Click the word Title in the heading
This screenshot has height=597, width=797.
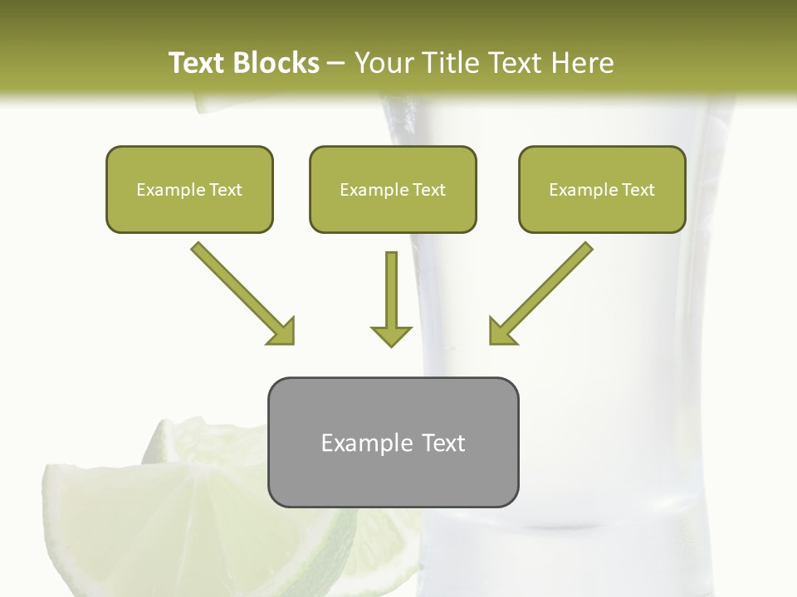point(454,63)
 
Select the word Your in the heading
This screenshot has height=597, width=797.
point(384,63)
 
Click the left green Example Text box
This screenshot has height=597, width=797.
point(189,189)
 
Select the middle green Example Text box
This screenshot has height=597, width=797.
point(393,189)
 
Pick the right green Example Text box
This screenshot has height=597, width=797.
point(602,189)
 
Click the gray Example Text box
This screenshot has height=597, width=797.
point(393,443)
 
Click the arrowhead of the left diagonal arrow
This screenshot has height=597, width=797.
point(282,332)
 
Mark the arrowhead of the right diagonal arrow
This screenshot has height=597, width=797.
point(501,332)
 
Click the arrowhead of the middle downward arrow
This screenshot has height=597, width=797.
point(391,335)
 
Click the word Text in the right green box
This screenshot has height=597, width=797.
point(638,189)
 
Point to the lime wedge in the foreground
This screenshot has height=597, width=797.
point(191,522)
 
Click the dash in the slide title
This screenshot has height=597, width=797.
point(336,63)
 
